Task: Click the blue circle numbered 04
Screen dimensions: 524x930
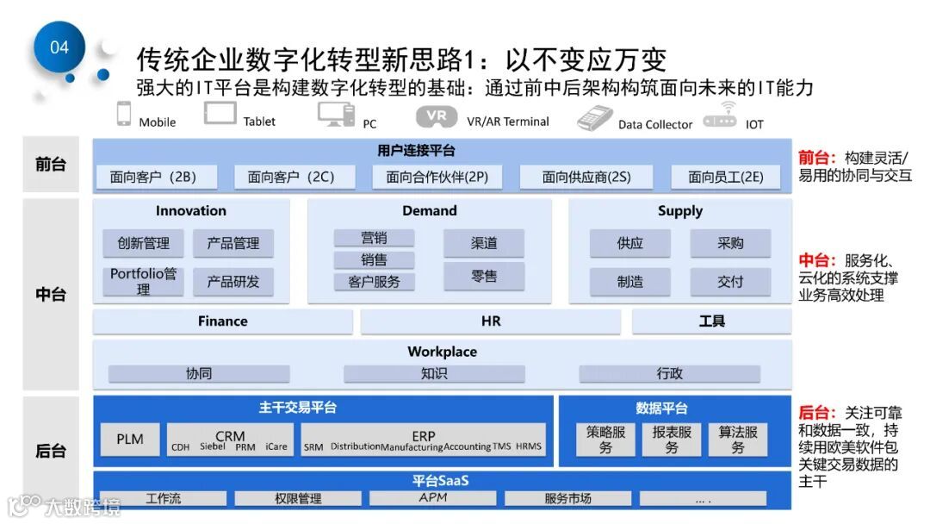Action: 59,47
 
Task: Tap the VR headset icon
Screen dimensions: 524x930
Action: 437,116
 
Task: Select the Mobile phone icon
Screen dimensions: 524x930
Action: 124,115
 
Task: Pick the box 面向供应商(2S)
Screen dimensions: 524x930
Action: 586,178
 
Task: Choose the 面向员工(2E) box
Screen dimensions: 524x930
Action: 725,178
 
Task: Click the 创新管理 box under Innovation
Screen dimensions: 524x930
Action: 143,243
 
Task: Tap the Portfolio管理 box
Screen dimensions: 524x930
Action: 143,281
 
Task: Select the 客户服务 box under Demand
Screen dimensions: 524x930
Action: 374,281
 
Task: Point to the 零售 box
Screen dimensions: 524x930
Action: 484,276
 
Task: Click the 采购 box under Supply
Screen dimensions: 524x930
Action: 730,243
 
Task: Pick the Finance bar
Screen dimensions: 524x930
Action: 222,321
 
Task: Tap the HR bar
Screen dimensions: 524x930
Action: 490,321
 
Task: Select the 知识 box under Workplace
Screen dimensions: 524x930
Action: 434,373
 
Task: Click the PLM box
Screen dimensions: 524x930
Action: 130,439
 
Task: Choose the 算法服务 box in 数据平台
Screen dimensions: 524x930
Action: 738,440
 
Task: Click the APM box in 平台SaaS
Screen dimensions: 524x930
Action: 433,498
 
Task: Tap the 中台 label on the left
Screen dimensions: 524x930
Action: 50,294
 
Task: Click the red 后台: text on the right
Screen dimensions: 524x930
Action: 815,413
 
